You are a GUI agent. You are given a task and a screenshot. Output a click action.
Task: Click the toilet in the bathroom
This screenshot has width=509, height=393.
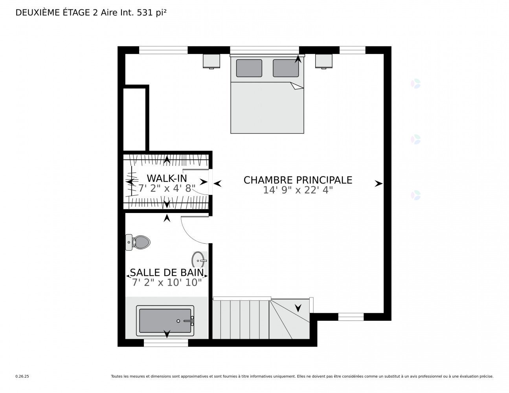[x=138, y=242]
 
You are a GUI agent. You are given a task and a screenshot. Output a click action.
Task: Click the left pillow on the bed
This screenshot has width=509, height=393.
[x=249, y=68]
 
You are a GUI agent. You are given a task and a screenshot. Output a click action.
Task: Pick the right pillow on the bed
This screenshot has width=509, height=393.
[x=285, y=68]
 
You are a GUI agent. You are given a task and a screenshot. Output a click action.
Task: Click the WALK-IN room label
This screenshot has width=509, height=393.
[x=167, y=178]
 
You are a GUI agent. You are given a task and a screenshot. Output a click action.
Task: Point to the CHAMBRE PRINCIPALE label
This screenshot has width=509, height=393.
[x=298, y=180]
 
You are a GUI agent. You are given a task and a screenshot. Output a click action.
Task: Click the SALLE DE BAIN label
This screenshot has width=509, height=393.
[x=167, y=273]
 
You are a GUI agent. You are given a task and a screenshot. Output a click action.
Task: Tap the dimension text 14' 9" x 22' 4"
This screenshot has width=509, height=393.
[x=298, y=190]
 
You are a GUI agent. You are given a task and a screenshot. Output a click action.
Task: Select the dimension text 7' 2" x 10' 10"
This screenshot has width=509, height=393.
[x=167, y=283]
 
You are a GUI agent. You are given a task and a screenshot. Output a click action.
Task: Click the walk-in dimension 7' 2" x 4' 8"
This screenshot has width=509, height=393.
[x=167, y=188]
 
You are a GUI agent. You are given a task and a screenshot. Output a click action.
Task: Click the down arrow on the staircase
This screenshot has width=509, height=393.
[x=298, y=308]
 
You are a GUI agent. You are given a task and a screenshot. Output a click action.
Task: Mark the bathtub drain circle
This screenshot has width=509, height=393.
[x=178, y=321]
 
